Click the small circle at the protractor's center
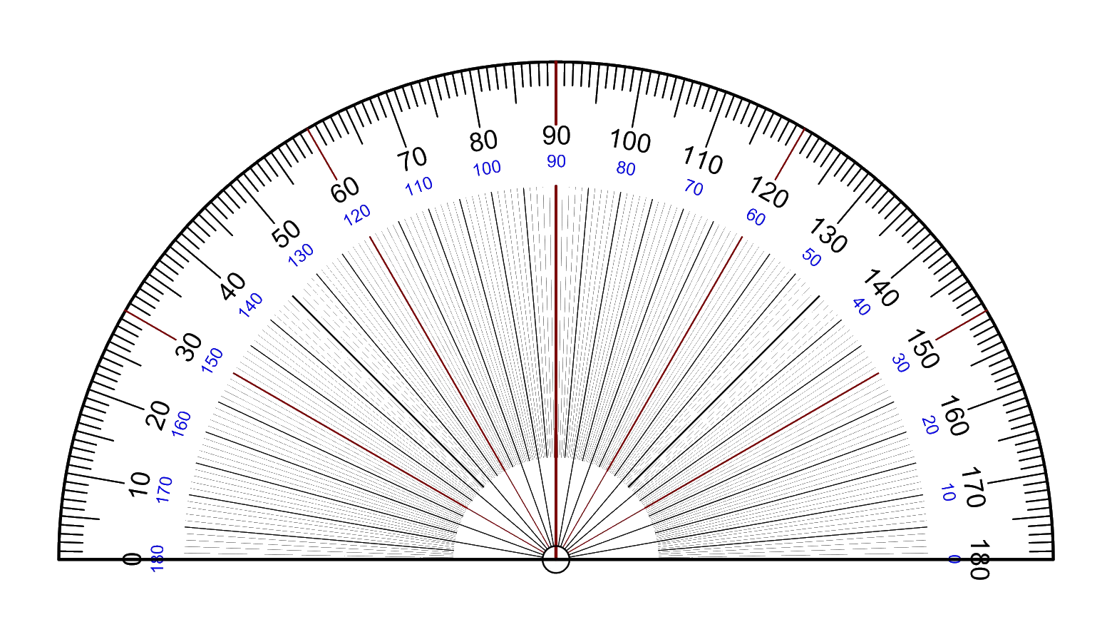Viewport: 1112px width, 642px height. click(555, 560)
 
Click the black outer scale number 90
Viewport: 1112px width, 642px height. click(556, 135)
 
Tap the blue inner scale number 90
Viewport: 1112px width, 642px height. click(556, 162)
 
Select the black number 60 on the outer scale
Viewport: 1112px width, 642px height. click(346, 190)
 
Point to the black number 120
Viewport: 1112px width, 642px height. click(768, 193)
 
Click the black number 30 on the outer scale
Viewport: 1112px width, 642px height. click(189, 347)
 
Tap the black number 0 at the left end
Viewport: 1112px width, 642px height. click(131, 559)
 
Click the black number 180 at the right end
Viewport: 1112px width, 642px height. click(980, 561)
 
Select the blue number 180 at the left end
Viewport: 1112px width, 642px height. click(158, 559)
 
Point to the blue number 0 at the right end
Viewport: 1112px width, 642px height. click(954, 559)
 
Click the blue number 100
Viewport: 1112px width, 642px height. click(487, 168)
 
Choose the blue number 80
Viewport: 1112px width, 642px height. click(626, 169)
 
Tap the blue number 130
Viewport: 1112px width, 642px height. click(301, 255)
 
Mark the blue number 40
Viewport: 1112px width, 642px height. click(861, 307)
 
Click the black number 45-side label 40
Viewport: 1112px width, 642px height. click(233, 287)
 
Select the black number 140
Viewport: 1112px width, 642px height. click(880, 288)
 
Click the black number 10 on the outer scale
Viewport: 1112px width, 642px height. click(139, 484)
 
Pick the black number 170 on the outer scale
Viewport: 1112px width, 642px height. click(972, 487)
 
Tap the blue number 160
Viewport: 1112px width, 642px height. click(182, 424)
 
